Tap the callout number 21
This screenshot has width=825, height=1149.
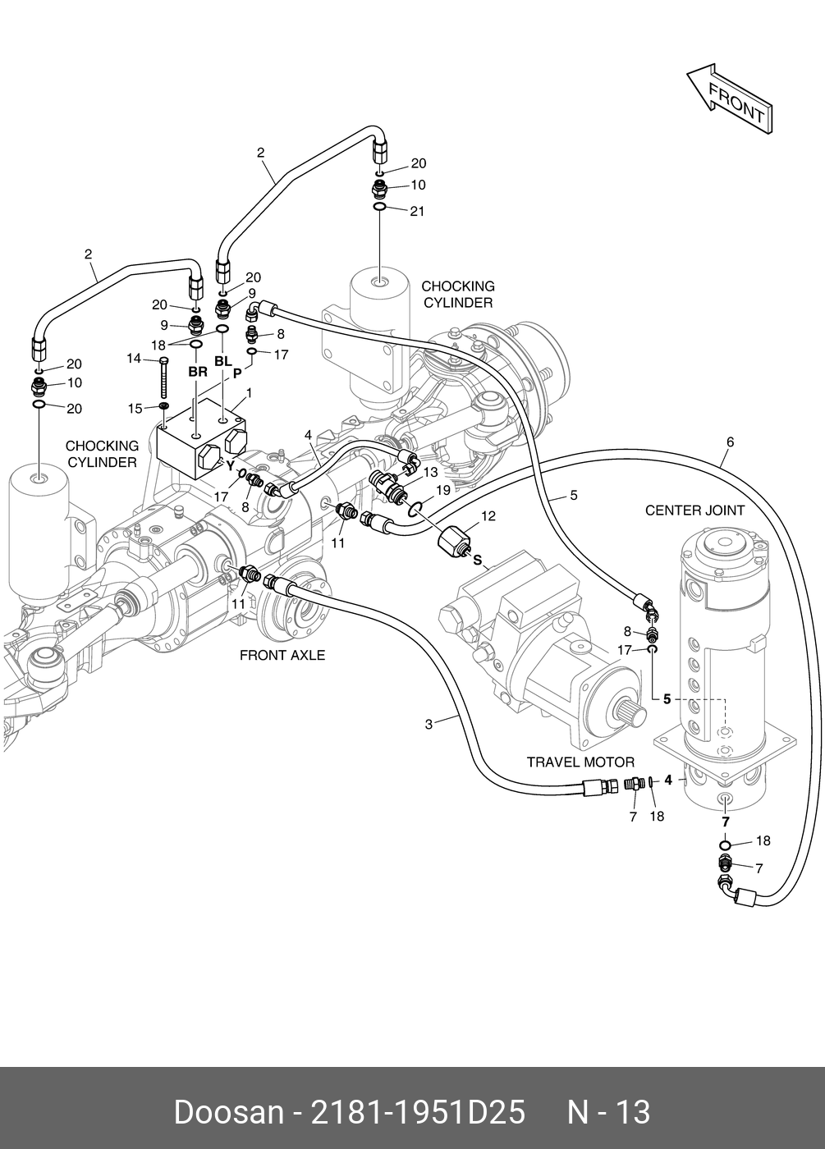(417, 212)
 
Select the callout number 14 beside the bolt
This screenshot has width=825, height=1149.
(134, 359)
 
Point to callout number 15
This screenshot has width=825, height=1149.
(135, 409)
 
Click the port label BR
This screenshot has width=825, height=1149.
(198, 372)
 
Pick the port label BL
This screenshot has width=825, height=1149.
(223, 361)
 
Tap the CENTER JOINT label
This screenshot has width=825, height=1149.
(694, 510)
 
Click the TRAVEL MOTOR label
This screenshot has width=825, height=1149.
(580, 762)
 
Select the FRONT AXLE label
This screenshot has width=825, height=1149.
(282, 655)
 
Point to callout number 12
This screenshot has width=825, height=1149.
(488, 516)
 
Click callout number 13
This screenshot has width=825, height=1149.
(430, 473)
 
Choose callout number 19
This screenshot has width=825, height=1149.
(443, 490)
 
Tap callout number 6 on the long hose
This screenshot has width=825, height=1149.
(730, 442)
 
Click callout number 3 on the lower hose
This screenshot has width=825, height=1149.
(429, 724)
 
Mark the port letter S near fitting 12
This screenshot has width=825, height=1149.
(477, 561)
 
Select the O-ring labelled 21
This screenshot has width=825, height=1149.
(381, 208)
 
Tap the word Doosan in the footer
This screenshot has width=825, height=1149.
(227, 1113)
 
